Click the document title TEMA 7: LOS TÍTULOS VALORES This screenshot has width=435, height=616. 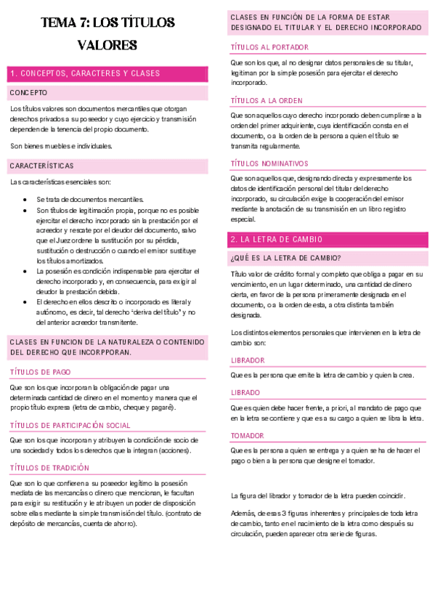click(108, 33)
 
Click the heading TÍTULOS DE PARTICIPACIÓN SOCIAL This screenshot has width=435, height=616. click(69, 425)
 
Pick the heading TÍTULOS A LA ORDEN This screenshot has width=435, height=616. click(267, 100)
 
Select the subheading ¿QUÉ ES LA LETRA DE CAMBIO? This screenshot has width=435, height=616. click(285, 258)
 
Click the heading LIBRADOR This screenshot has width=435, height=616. click(248, 360)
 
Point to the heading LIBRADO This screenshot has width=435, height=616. click(245, 392)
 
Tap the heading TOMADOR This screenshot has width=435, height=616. click(247, 435)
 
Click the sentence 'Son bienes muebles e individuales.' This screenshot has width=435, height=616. click(62, 145)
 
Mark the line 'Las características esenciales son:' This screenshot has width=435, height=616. click(60, 182)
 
